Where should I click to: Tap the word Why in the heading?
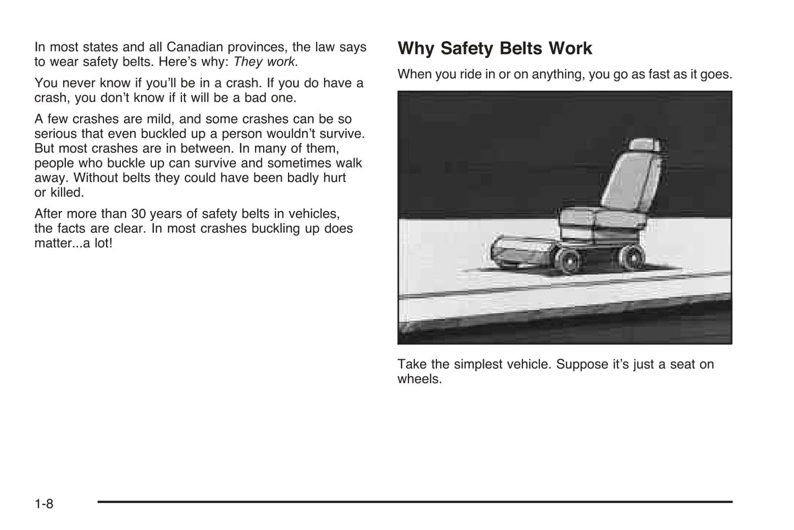(416, 48)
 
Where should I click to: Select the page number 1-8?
(44, 503)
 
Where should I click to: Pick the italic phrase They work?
(264, 62)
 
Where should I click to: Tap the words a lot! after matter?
(97, 243)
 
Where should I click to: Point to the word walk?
(349, 163)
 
